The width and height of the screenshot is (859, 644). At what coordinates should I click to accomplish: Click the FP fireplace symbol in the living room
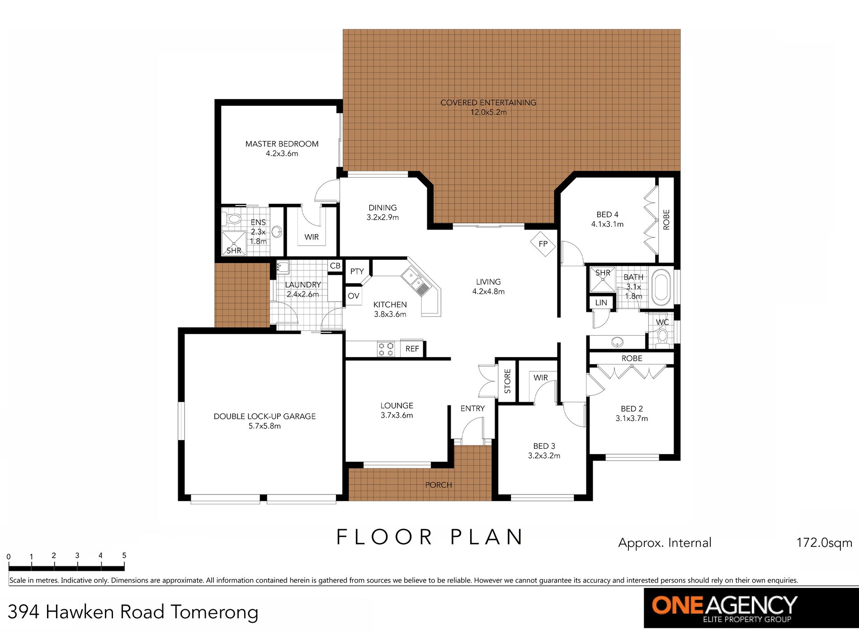[543, 244]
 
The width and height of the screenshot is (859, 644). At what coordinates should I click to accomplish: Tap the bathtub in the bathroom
[661, 286]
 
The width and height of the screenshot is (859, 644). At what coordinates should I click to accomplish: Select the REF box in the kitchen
[412, 348]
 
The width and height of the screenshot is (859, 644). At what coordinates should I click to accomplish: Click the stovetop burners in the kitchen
[386, 349]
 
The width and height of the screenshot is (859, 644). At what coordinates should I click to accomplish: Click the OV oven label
[354, 296]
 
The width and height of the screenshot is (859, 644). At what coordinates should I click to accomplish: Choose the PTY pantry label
[357, 271]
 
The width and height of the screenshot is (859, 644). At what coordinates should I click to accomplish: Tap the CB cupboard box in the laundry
[335, 266]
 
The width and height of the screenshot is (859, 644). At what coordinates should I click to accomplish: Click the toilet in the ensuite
[233, 219]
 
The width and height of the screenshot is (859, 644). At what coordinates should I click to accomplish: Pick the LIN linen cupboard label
[601, 302]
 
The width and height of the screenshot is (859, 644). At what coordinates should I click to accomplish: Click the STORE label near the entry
[507, 381]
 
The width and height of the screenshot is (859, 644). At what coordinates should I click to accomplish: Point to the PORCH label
[439, 485]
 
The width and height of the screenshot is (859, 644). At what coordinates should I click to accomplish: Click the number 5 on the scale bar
[124, 555]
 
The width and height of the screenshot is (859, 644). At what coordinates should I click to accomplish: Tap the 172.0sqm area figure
[824, 543]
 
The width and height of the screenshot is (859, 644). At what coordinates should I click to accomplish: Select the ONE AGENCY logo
[751, 608]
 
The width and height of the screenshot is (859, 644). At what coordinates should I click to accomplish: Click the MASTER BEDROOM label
[282, 144]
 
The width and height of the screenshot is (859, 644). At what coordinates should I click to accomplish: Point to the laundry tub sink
[283, 267]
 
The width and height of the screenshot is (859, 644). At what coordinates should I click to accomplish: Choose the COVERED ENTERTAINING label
[488, 103]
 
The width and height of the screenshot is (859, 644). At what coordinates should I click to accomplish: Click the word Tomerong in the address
[215, 612]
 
